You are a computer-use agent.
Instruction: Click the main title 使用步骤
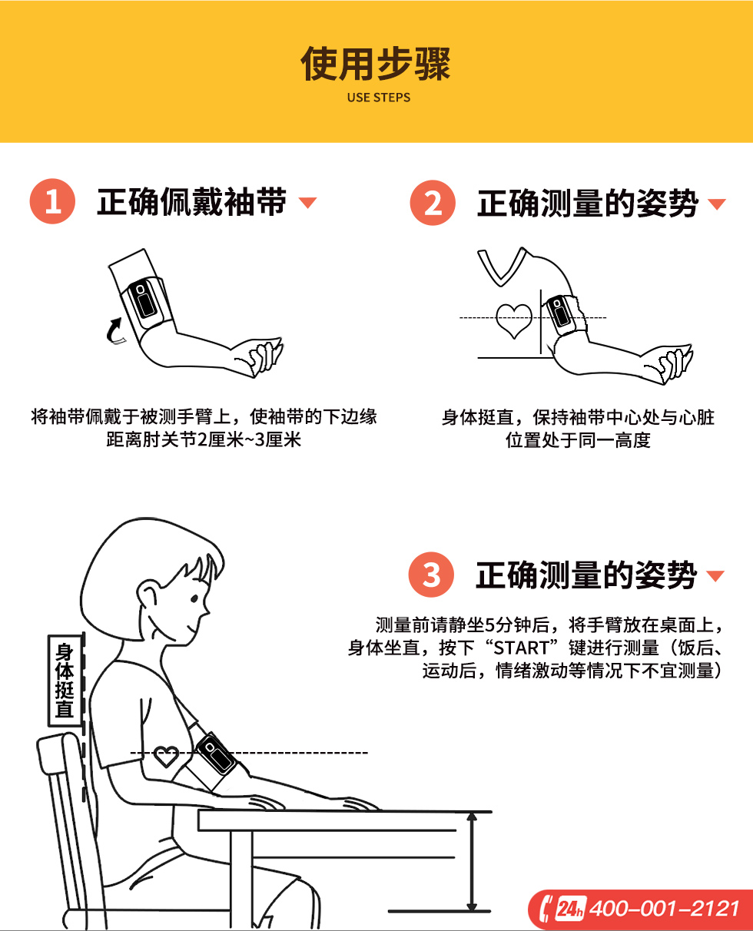point(376,64)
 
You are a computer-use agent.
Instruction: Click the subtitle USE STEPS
point(379,97)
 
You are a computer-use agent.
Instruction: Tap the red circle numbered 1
point(52,201)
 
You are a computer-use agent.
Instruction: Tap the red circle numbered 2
point(433,203)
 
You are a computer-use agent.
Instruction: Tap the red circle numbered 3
point(431,575)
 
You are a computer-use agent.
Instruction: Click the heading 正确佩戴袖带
point(192,201)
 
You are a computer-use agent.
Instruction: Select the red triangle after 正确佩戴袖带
point(307,202)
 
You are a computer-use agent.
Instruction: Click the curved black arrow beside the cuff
point(114,331)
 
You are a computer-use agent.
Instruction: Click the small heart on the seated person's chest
point(167,756)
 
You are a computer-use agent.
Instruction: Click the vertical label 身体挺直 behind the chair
point(65,681)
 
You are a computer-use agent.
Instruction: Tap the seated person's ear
point(147,595)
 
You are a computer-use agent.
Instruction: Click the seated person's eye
point(194,599)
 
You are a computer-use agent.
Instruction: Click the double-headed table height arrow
point(471,862)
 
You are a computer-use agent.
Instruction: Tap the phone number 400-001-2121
point(664,909)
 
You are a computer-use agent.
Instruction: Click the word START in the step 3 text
point(521,648)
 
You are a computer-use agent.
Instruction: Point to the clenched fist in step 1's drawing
point(262,356)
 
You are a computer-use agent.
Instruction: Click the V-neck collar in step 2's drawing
point(502,267)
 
